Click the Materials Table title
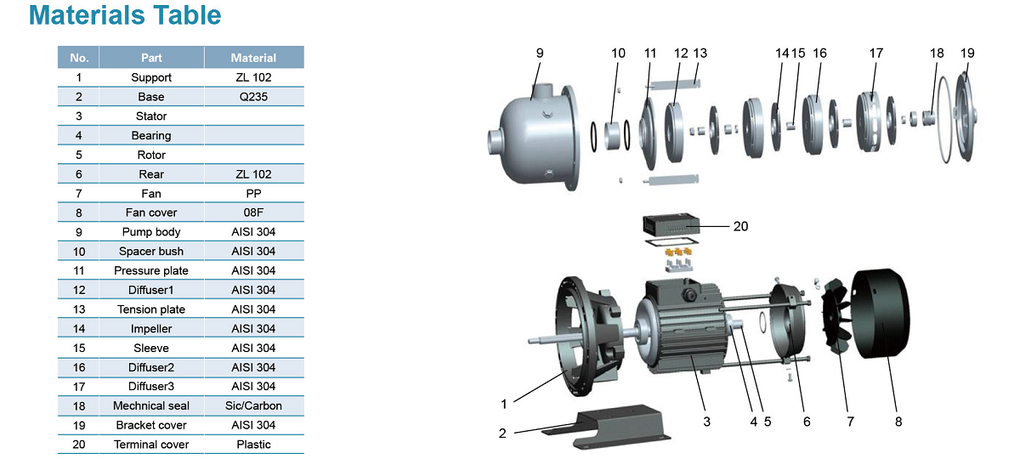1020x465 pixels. pyautogui.click(x=125, y=15)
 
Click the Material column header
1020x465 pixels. pyautogui.click(x=253, y=58)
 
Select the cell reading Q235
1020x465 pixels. pyautogui.click(x=253, y=97)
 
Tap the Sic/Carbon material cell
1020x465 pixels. pyautogui.click(x=253, y=405)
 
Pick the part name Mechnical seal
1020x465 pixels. pyautogui.click(x=151, y=405)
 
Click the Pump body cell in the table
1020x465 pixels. pyautogui.click(x=151, y=232)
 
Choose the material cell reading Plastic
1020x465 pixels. pyautogui.click(x=253, y=445)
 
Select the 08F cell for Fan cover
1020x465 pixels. pyautogui.click(x=253, y=213)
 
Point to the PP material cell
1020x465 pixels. pyautogui.click(x=253, y=194)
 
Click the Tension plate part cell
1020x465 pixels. pyautogui.click(x=151, y=309)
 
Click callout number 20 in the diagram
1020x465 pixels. pyautogui.click(x=740, y=226)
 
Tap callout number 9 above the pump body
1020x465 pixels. pyautogui.click(x=540, y=54)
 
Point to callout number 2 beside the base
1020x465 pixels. pyautogui.click(x=502, y=433)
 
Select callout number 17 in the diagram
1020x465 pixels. pyautogui.click(x=876, y=54)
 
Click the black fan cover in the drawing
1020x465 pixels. pyautogui.click(x=881, y=314)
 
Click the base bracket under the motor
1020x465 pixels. pyautogui.click(x=605, y=427)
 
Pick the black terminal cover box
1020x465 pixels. pyautogui.click(x=671, y=224)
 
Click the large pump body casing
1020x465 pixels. pyautogui.click(x=534, y=136)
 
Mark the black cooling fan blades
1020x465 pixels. pyautogui.click(x=836, y=316)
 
